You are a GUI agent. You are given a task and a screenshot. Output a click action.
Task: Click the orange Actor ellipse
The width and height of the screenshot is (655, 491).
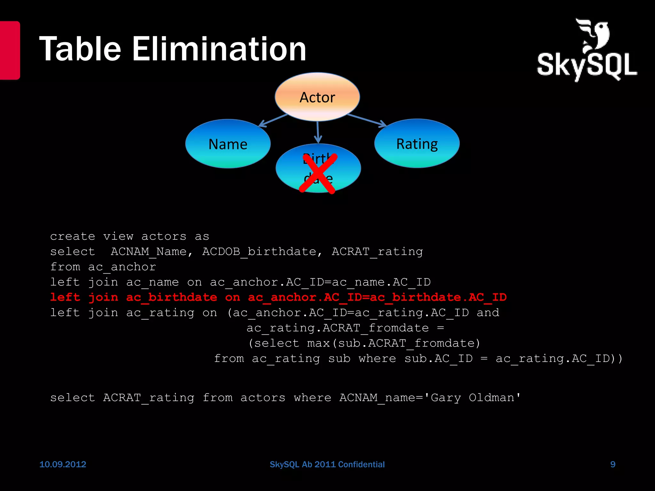click(317, 97)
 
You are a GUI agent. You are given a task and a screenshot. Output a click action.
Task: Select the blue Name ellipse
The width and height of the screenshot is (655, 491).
click(228, 144)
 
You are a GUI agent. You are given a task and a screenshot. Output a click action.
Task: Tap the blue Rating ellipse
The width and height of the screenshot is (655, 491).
click(417, 144)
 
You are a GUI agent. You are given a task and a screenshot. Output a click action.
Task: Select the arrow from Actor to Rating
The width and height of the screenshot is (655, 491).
click(367, 120)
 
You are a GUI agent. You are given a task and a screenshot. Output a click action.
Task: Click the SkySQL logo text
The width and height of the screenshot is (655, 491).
click(587, 66)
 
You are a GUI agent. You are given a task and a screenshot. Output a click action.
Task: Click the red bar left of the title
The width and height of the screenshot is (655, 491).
click(10, 50)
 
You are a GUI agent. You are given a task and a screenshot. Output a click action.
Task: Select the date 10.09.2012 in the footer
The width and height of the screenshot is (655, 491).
click(63, 464)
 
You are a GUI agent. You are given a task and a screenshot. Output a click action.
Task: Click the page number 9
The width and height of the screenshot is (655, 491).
click(613, 464)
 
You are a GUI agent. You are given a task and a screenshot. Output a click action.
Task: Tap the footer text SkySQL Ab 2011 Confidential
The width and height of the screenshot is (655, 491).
click(327, 464)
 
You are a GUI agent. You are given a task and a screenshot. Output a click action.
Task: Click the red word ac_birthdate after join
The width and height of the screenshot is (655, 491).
click(171, 297)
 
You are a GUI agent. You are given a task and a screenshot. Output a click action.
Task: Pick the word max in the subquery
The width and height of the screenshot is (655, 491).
click(318, 343)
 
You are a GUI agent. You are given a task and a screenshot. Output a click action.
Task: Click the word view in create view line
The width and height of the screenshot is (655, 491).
click(118, 236)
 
